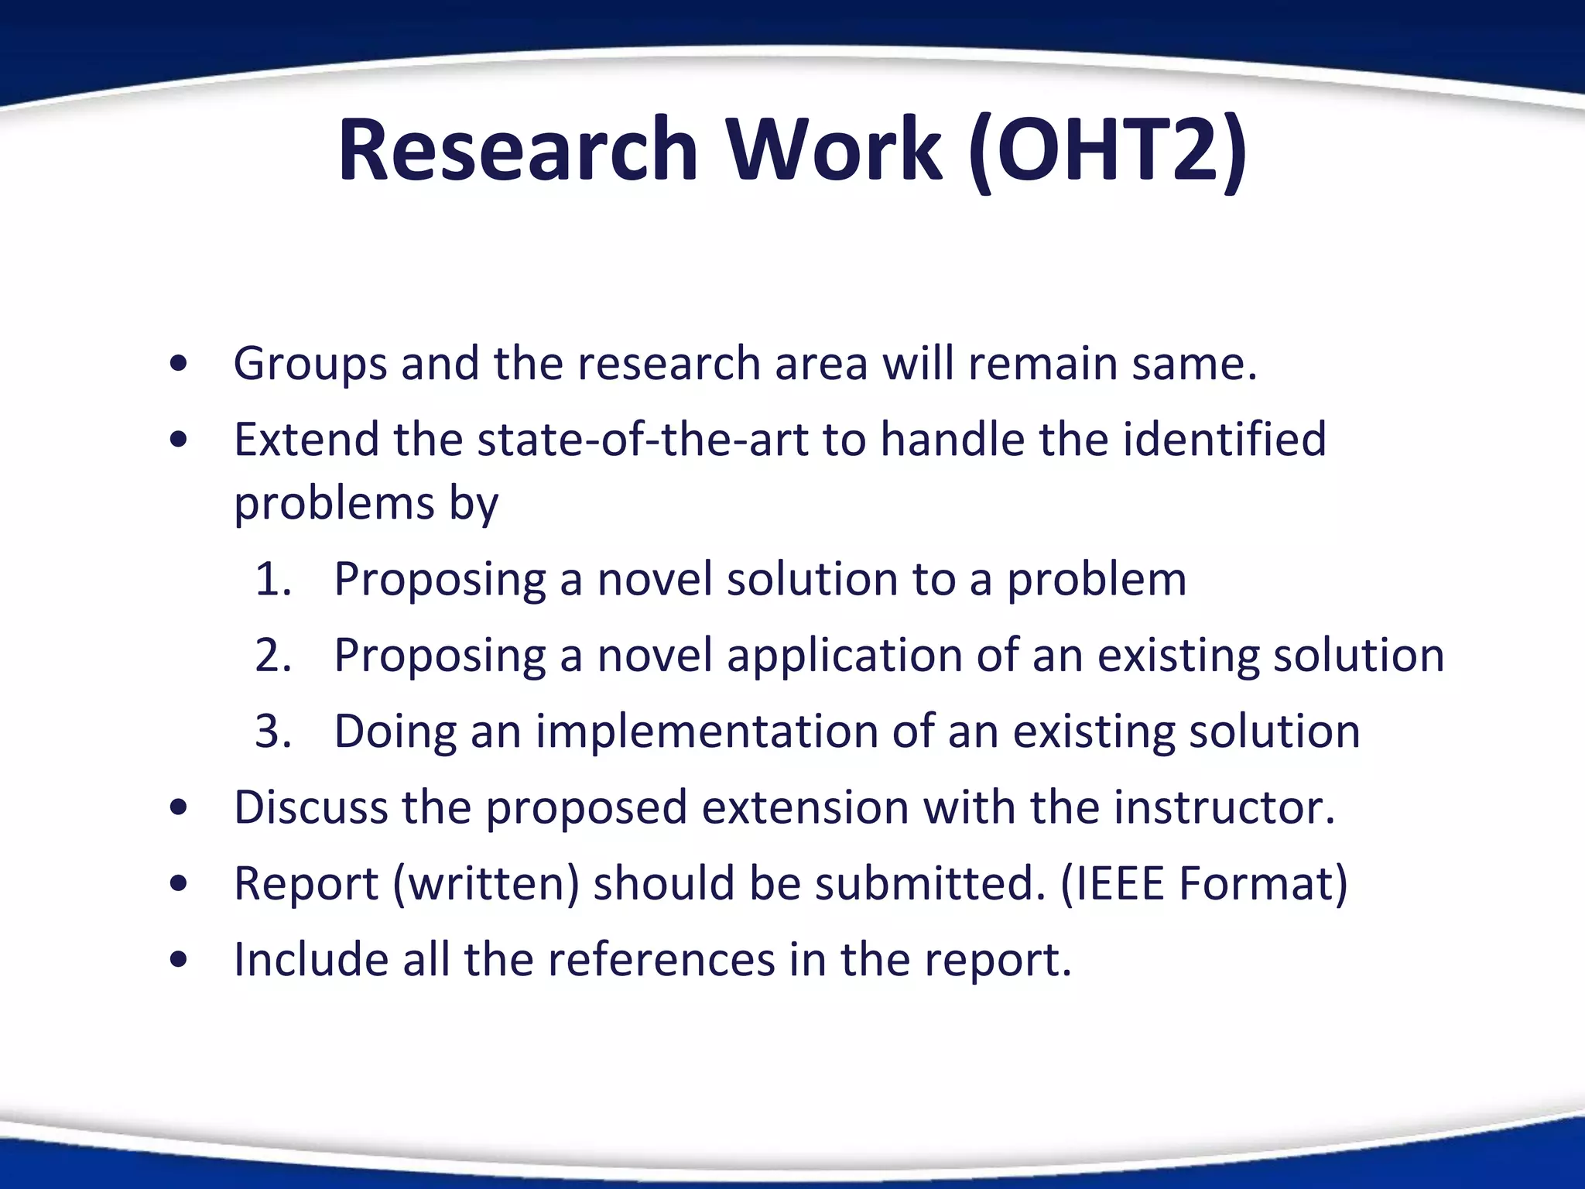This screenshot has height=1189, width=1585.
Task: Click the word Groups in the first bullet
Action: tap(310, 364)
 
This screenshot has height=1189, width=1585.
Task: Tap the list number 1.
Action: tap(272, 579)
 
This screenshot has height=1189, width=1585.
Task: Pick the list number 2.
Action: tap(272, 655)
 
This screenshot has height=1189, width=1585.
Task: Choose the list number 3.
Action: tap(272, 731)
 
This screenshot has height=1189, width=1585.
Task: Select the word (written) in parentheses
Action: tap(486, 883)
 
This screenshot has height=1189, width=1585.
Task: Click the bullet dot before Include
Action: tap(179, 961)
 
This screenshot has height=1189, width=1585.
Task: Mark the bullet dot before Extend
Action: tap(179, 440)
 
